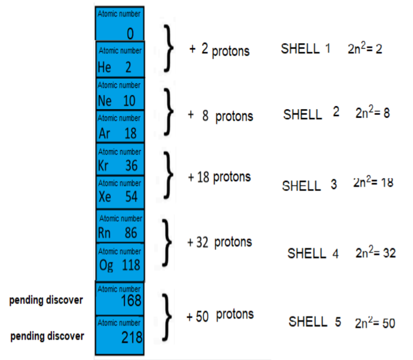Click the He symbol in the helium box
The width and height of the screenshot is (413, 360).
pyautogui.click(x=104, y=67)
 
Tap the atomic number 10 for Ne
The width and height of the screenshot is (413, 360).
pyautogui.click(x=129, y=101)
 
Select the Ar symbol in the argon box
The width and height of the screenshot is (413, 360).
pyautogui.click(x=104, y=133)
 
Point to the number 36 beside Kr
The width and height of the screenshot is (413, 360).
pyautogui.click(x=131, y=166)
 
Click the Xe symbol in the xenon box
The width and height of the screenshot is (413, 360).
pyautogui.click(x=105, y=196)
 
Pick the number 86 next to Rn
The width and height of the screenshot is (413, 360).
pyautogui.click(x=131, y=233)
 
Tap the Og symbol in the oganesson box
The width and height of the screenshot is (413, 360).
pyautogui.click(x=106, y=266)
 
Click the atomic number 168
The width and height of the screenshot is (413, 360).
pyautogui.click(x=131, y=300)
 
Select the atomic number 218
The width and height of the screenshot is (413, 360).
pyautogui.click(x=132, y=338)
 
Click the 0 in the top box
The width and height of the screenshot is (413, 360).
pyautogui.click(x=130, y=34)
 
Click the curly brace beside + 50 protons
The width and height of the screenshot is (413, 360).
pyautogui.click(x=167, y=317)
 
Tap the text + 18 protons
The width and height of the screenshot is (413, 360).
pyautogui.click(x=219, y=177)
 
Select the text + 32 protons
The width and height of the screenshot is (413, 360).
pyautogui.click(x=219, y=242)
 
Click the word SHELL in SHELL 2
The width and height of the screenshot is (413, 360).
pyautogui.click(x=303, y=115)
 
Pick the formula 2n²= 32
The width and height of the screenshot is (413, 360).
pyautogui.click(x=375, y=252)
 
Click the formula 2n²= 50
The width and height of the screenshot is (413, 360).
pyautogui.click(x=375, y=322)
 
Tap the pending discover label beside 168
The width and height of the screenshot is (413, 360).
pyautogui.click(x=46, y=300)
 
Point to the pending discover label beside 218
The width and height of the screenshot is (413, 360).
pyautogui.click(x=47, y=337)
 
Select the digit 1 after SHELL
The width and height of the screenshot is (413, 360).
pyautogui.click(x=327, y=49)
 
